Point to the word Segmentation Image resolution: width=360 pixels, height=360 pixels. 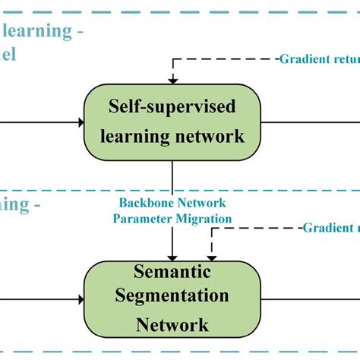pos(172,296)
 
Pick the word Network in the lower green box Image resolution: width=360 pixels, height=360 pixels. pos(172,325)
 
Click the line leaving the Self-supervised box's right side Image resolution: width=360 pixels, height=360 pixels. pos(311,122)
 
